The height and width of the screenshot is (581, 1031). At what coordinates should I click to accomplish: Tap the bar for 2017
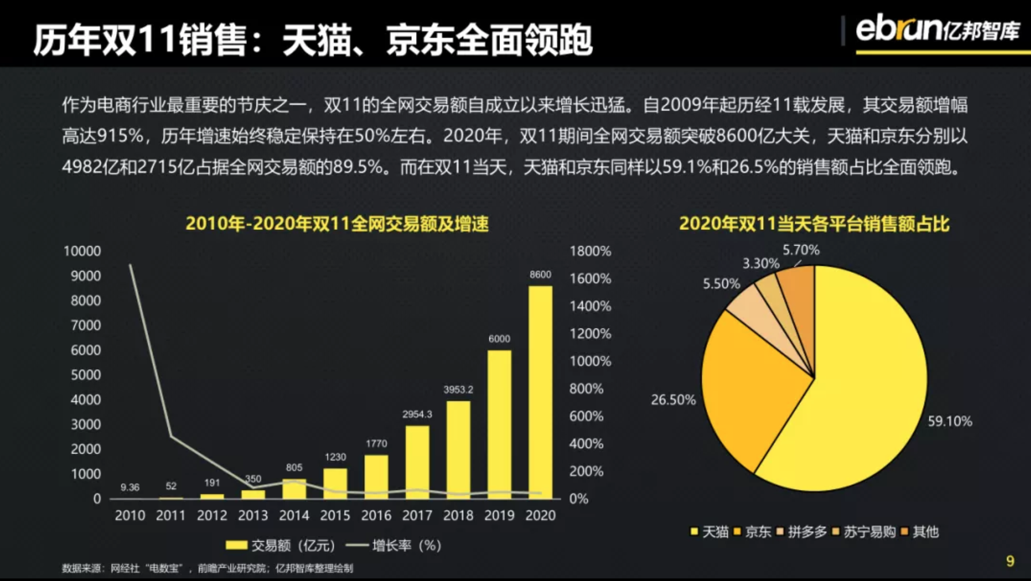point(417,462)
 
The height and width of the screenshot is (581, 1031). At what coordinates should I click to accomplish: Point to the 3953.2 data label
point(458,390)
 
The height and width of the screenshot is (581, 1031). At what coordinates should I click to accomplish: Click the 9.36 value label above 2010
point(130,487)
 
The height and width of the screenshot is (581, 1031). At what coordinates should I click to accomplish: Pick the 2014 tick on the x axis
point(294,516)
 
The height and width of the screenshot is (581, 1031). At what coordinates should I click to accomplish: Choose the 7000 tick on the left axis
point(86,326)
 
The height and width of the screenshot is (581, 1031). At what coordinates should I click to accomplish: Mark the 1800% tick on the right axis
point(590,251)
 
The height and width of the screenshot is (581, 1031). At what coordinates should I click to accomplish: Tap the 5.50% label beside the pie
point(721,284)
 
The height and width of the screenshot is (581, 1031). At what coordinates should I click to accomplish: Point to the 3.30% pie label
point(761,264)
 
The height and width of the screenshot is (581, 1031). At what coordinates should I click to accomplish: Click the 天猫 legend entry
point(710,532)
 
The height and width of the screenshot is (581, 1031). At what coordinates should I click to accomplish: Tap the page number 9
point(1010,561)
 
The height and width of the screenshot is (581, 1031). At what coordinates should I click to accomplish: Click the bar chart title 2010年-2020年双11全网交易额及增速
point(337,224)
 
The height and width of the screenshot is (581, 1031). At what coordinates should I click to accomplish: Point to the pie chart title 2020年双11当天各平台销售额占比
point(814,224)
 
